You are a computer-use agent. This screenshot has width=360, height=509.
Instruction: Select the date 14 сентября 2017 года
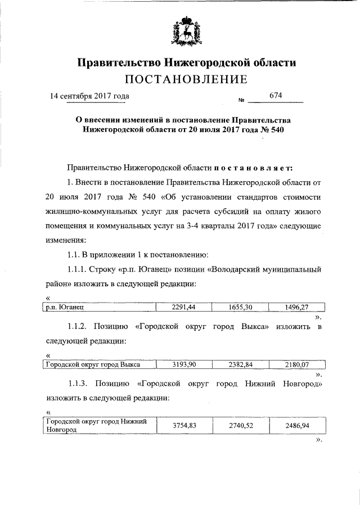coord(89,96)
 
